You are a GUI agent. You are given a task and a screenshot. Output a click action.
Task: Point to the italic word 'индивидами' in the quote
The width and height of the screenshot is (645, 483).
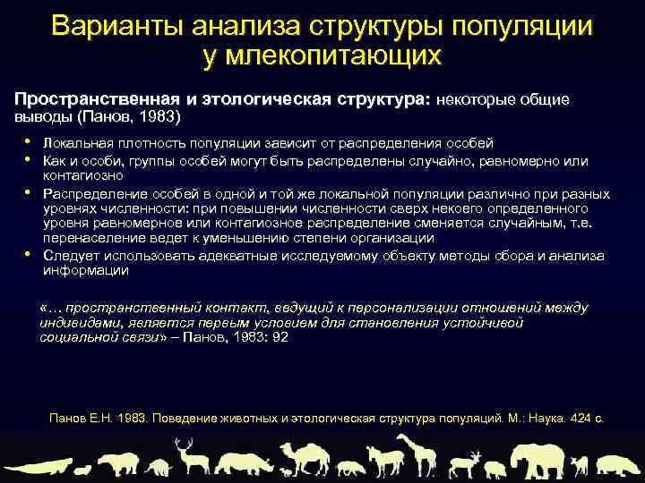[x=78, y=323]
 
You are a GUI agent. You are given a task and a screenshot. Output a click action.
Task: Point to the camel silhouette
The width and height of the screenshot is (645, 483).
[x=299, y=457]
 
